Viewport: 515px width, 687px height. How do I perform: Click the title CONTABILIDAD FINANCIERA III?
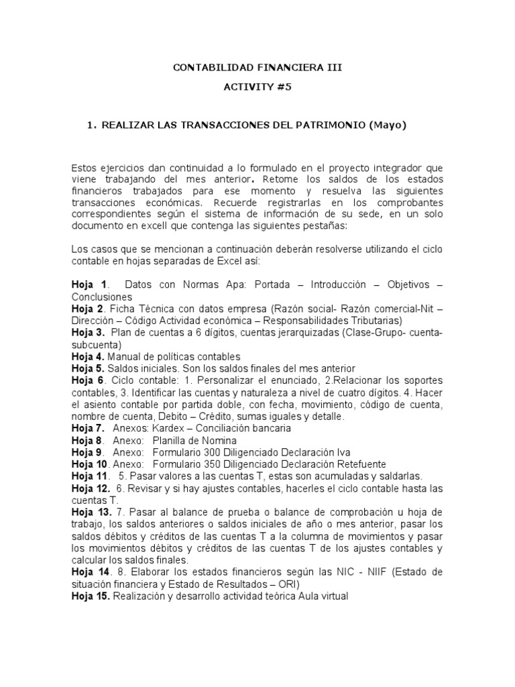coord(257,68)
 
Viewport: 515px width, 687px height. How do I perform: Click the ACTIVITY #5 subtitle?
coord(257,87)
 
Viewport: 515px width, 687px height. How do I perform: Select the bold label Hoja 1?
coord(89,284)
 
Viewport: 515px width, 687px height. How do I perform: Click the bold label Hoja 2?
coord(88,308)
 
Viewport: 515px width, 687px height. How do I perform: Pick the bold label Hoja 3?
coord(88,332)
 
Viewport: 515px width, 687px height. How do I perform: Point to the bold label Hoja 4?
coord(88,356)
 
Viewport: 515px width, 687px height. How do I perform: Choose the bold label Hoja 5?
coord(88,368)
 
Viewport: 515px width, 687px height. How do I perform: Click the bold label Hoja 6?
coord(88,380)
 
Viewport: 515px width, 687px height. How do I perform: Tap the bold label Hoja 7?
coord(88,428)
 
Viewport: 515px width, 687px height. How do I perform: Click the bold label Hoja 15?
coord(91,595)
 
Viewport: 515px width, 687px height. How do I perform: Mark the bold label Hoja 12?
coord(91,488)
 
